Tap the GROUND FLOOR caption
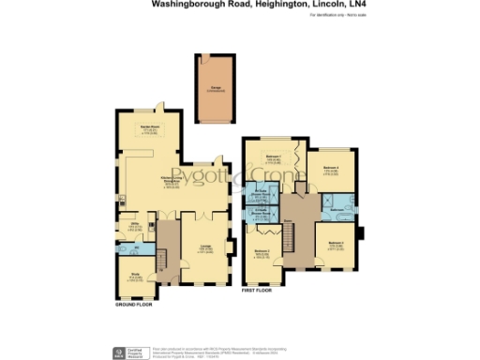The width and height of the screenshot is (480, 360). tap(134, 306)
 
